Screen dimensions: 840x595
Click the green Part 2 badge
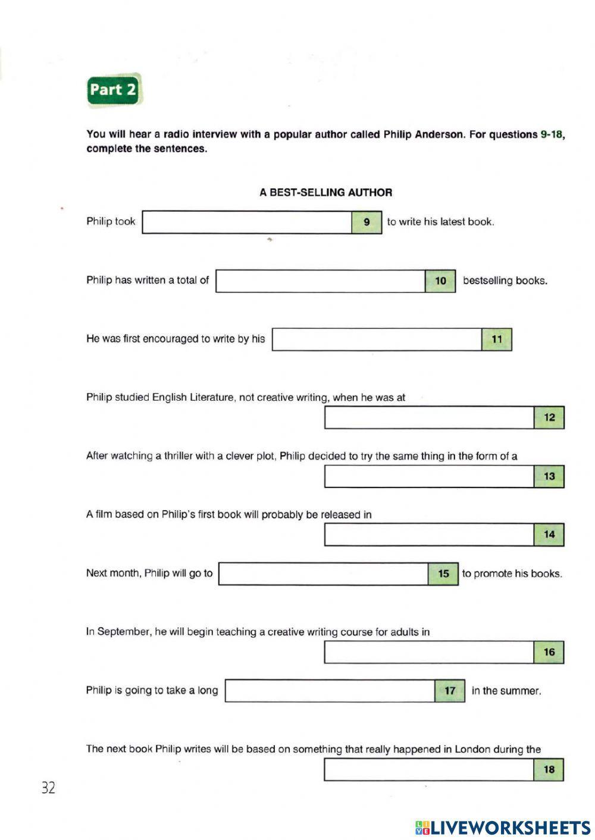point(114,90)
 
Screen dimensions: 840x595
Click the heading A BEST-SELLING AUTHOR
point(325,193)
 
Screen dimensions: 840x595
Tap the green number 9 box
point(367,222)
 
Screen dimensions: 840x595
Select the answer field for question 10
point(321,281)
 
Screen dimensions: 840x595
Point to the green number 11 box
point(497,339)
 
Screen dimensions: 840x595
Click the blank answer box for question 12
point(429,417)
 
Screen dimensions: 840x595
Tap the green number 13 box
point(549,476)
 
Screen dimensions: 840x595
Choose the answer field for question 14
point(429,534)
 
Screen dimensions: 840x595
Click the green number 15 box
point(443,574)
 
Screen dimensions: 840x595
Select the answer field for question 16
point(429,652)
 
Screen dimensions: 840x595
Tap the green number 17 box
point(450,691)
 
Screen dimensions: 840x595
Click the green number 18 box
point(549,770)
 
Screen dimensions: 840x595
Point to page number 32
point(48,788)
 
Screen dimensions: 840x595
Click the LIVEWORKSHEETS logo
point(503,827)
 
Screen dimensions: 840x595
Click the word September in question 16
point(124,632)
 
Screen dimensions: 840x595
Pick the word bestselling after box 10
point(486,281)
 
